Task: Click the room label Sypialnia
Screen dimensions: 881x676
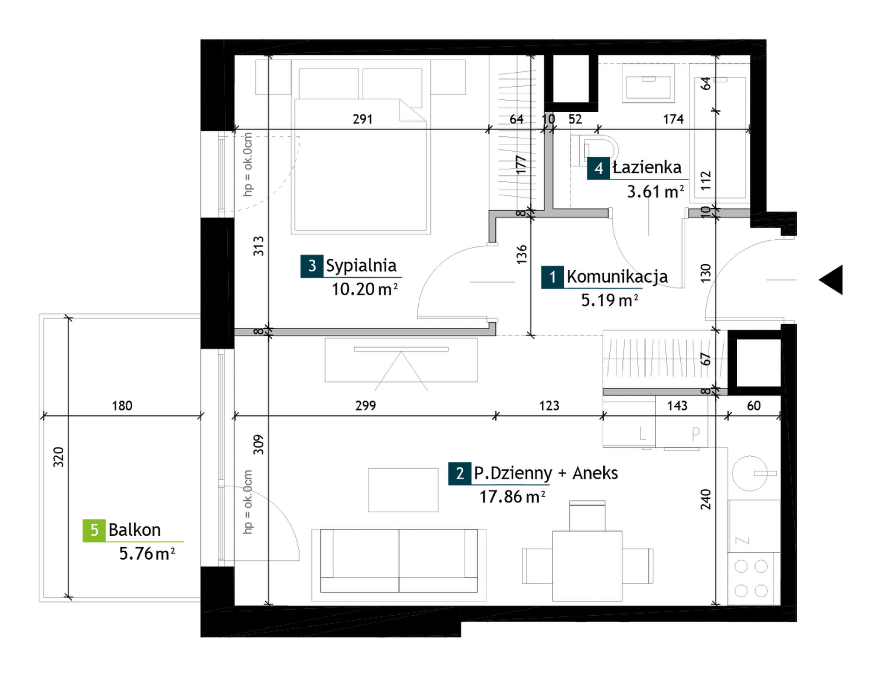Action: coord(361,266)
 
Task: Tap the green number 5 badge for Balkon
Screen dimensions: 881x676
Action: coord(94,530)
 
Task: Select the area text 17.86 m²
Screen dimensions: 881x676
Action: coord(512,497)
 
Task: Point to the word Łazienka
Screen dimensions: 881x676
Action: coord(647,167)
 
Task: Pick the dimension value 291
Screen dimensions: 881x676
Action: coord(363,119)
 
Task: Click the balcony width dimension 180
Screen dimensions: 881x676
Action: coord(122,406)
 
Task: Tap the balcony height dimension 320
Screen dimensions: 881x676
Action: coord(58,457)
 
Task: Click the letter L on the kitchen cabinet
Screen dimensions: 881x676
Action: coord(642,434)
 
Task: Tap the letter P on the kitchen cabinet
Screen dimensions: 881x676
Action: coord(696,434)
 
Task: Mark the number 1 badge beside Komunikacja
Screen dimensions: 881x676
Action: coord(552,277)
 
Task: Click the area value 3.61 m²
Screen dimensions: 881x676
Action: coord(655,191)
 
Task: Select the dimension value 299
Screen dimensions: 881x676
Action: coord(365,406)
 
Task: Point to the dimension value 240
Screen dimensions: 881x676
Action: coord(705,499)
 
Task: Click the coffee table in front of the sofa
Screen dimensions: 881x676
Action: coord(403,490)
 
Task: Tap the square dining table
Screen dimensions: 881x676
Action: coord(587,566)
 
